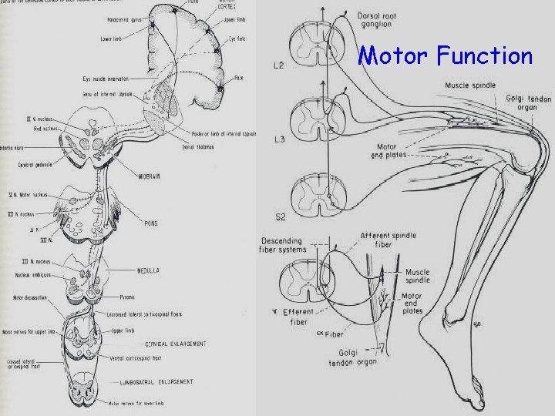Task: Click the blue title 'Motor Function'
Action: tap(446, 55)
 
